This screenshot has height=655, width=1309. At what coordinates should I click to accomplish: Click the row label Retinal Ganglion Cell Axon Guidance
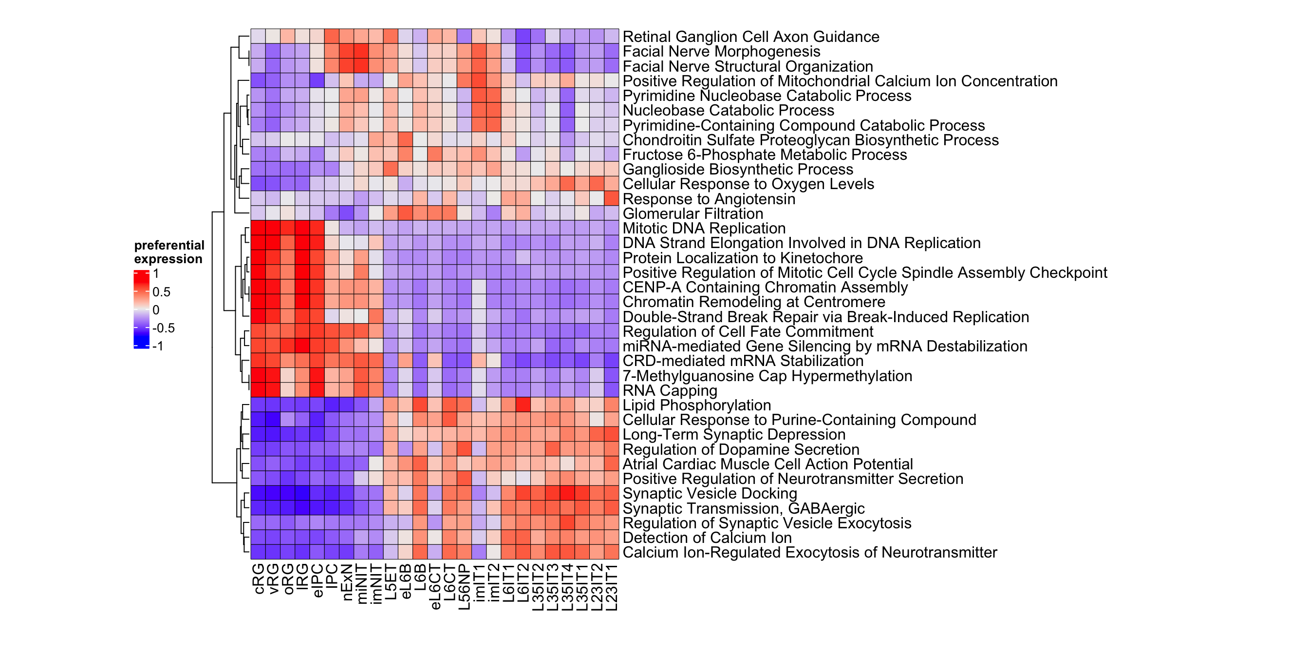click(750, 37)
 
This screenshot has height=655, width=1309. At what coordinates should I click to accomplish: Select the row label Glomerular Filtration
click(692, 213)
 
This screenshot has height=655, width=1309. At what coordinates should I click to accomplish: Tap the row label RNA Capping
click(670, 390)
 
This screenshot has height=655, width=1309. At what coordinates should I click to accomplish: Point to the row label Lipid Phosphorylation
click(697, 405)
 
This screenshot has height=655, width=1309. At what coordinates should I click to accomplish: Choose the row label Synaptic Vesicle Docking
click(710, 494)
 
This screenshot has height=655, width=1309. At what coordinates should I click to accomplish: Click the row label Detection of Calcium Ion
click(707, 538)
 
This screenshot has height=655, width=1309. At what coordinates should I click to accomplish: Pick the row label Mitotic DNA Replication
click(704, 229)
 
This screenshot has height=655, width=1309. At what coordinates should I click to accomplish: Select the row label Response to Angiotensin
click(709, 199)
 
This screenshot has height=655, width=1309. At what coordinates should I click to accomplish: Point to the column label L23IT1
click(612, 587)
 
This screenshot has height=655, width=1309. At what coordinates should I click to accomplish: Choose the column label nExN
click(347, 582)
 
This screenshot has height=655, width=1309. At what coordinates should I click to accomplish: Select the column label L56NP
click(465, 586)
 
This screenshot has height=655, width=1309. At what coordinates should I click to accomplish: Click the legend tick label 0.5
click(161, 292)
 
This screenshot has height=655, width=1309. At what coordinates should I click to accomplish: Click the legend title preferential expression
click(168, 252)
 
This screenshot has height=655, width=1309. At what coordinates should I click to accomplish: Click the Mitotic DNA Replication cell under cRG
click(258, 229)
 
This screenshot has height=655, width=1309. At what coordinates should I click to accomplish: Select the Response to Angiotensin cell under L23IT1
click(612, 199)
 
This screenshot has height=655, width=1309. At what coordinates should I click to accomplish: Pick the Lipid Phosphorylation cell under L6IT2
click(524, 405)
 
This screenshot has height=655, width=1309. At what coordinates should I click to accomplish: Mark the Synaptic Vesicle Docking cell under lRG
click(302, 494)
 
